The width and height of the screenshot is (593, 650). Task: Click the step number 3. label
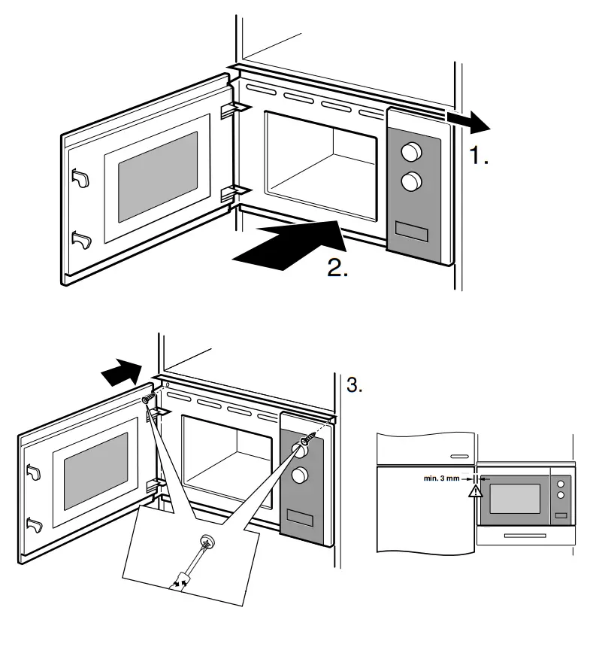click(x=355, y=386)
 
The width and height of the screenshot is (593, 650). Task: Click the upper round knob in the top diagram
click(x=411, y=153)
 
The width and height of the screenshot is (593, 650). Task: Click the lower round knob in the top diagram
click(x=411, y=181)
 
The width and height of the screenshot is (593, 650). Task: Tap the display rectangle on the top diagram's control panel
click(x=411, y=232)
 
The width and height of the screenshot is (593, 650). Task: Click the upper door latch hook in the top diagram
click(x=80, y=178)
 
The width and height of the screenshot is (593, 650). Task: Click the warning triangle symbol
click(x=474, y=492)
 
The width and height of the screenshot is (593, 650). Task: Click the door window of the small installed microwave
click(x=516, y=499)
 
